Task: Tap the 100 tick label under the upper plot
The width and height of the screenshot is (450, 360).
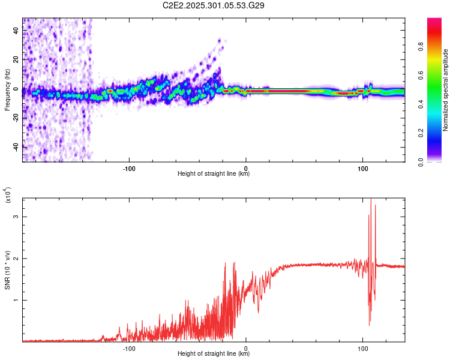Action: [362, 168]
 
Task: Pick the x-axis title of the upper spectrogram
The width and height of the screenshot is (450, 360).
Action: [214, 174]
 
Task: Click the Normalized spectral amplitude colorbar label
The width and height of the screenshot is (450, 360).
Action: [445, 90]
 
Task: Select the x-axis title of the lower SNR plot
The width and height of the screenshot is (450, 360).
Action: [214, 354]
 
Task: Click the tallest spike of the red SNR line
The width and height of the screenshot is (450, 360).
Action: [371, 199]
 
